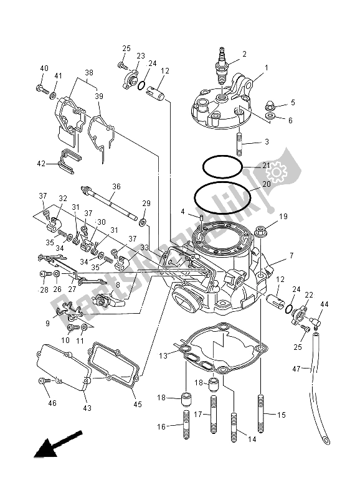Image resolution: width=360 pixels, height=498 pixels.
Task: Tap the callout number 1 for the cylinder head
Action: tap(265, 68)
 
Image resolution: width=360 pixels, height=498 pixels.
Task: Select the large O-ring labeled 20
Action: tap(223, 198)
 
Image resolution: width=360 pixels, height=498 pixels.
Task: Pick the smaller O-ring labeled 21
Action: tap(222, 166)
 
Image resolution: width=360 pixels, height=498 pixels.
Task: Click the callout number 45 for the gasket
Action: tap(138, 404)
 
